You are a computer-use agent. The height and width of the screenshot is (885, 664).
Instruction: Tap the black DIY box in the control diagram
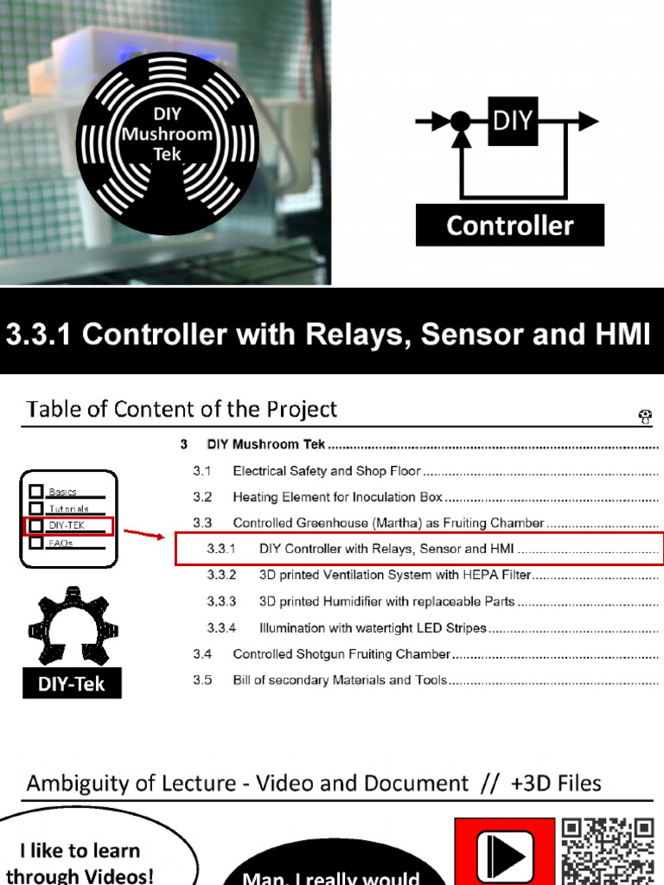tap(513, 120)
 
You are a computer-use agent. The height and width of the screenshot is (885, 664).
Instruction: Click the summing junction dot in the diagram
tap(461, 121)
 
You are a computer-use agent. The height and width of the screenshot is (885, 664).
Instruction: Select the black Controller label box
tap(510, 226)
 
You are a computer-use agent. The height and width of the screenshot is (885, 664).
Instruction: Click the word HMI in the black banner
tap(617, 334)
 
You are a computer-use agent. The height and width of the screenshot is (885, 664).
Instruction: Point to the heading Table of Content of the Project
tap(182, 409)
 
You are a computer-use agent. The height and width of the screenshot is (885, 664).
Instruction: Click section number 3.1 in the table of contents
tap(202, 471)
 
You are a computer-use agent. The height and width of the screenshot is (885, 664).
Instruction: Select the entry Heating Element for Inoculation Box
tap(337, 497)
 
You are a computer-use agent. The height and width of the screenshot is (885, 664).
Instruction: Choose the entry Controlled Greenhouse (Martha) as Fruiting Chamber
tap(388, 523)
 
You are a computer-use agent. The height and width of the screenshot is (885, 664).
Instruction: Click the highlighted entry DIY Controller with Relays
tap(387, 549)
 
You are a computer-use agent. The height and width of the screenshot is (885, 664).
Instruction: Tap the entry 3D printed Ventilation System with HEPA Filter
tap(394, 575)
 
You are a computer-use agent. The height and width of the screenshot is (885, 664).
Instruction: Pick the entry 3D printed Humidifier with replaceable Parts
tap(386, 602)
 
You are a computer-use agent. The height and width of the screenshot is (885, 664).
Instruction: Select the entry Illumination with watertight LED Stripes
tap(373, 627)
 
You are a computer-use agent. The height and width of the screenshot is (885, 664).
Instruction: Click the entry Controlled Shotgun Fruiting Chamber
tap(342, 654)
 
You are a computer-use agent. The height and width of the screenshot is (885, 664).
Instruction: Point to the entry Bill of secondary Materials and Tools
tap(340, 680)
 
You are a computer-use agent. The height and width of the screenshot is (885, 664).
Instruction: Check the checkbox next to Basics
tap(36, 491)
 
